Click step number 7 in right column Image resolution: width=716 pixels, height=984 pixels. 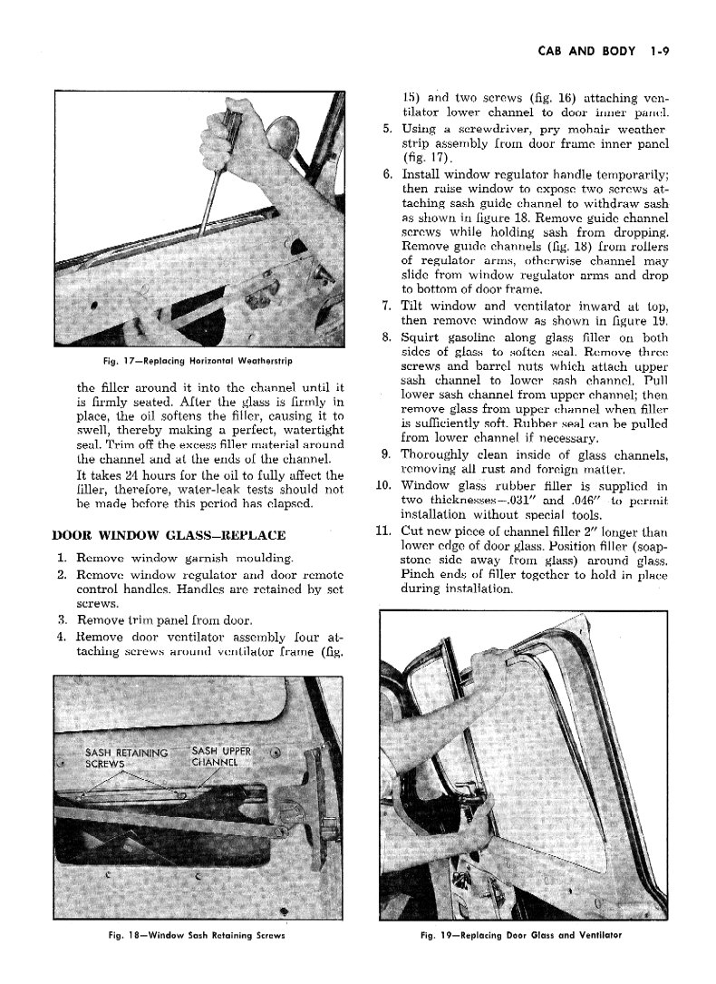(386, 306)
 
